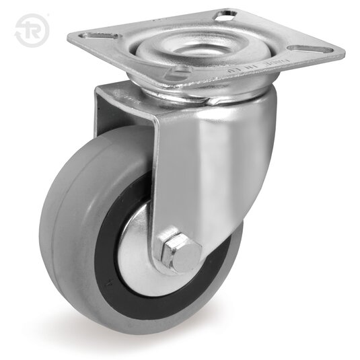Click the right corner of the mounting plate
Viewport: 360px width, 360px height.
341,51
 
